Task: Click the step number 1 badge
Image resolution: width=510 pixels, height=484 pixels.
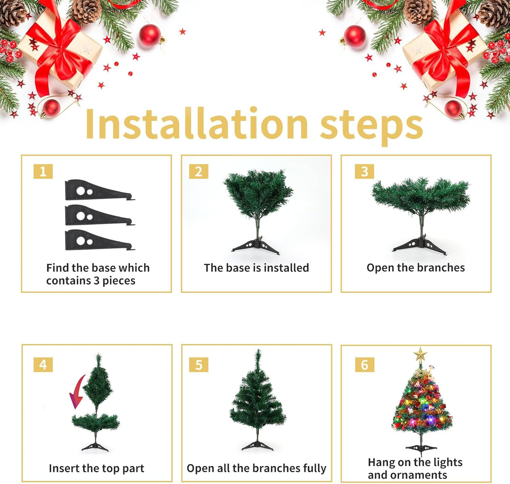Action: [43, 172]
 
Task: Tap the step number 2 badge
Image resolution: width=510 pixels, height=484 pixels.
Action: [198, 172]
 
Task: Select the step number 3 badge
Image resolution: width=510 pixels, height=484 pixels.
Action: [364, 172]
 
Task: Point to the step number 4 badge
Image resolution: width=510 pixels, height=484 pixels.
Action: [43, 364]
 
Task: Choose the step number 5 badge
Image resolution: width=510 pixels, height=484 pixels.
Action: [198, 365]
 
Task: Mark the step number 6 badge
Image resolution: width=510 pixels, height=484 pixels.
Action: [364, 365]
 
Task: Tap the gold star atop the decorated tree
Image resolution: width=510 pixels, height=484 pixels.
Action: [420, 354]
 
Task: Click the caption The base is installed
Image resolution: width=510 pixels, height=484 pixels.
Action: [256, 268]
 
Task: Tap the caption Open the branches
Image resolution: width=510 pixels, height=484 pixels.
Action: [415, 268]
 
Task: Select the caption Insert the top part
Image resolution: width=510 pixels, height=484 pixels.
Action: [96, 468]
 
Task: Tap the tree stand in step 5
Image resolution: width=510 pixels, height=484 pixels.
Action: [258, 445]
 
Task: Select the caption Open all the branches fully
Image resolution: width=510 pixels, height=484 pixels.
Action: [256, 468]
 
